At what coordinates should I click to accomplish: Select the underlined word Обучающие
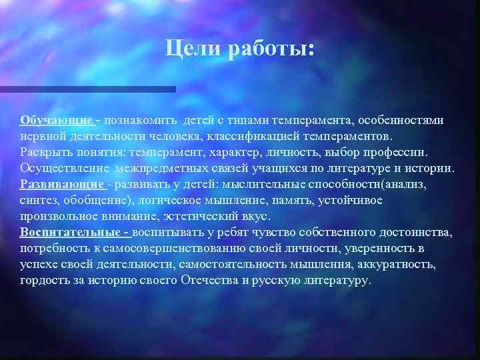pyautogui.click(x=57, y=120)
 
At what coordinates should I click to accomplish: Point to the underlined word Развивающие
pyautogui.click(x=61, y=184)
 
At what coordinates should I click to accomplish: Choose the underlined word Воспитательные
pyautogui.click(x=73, y=232)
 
